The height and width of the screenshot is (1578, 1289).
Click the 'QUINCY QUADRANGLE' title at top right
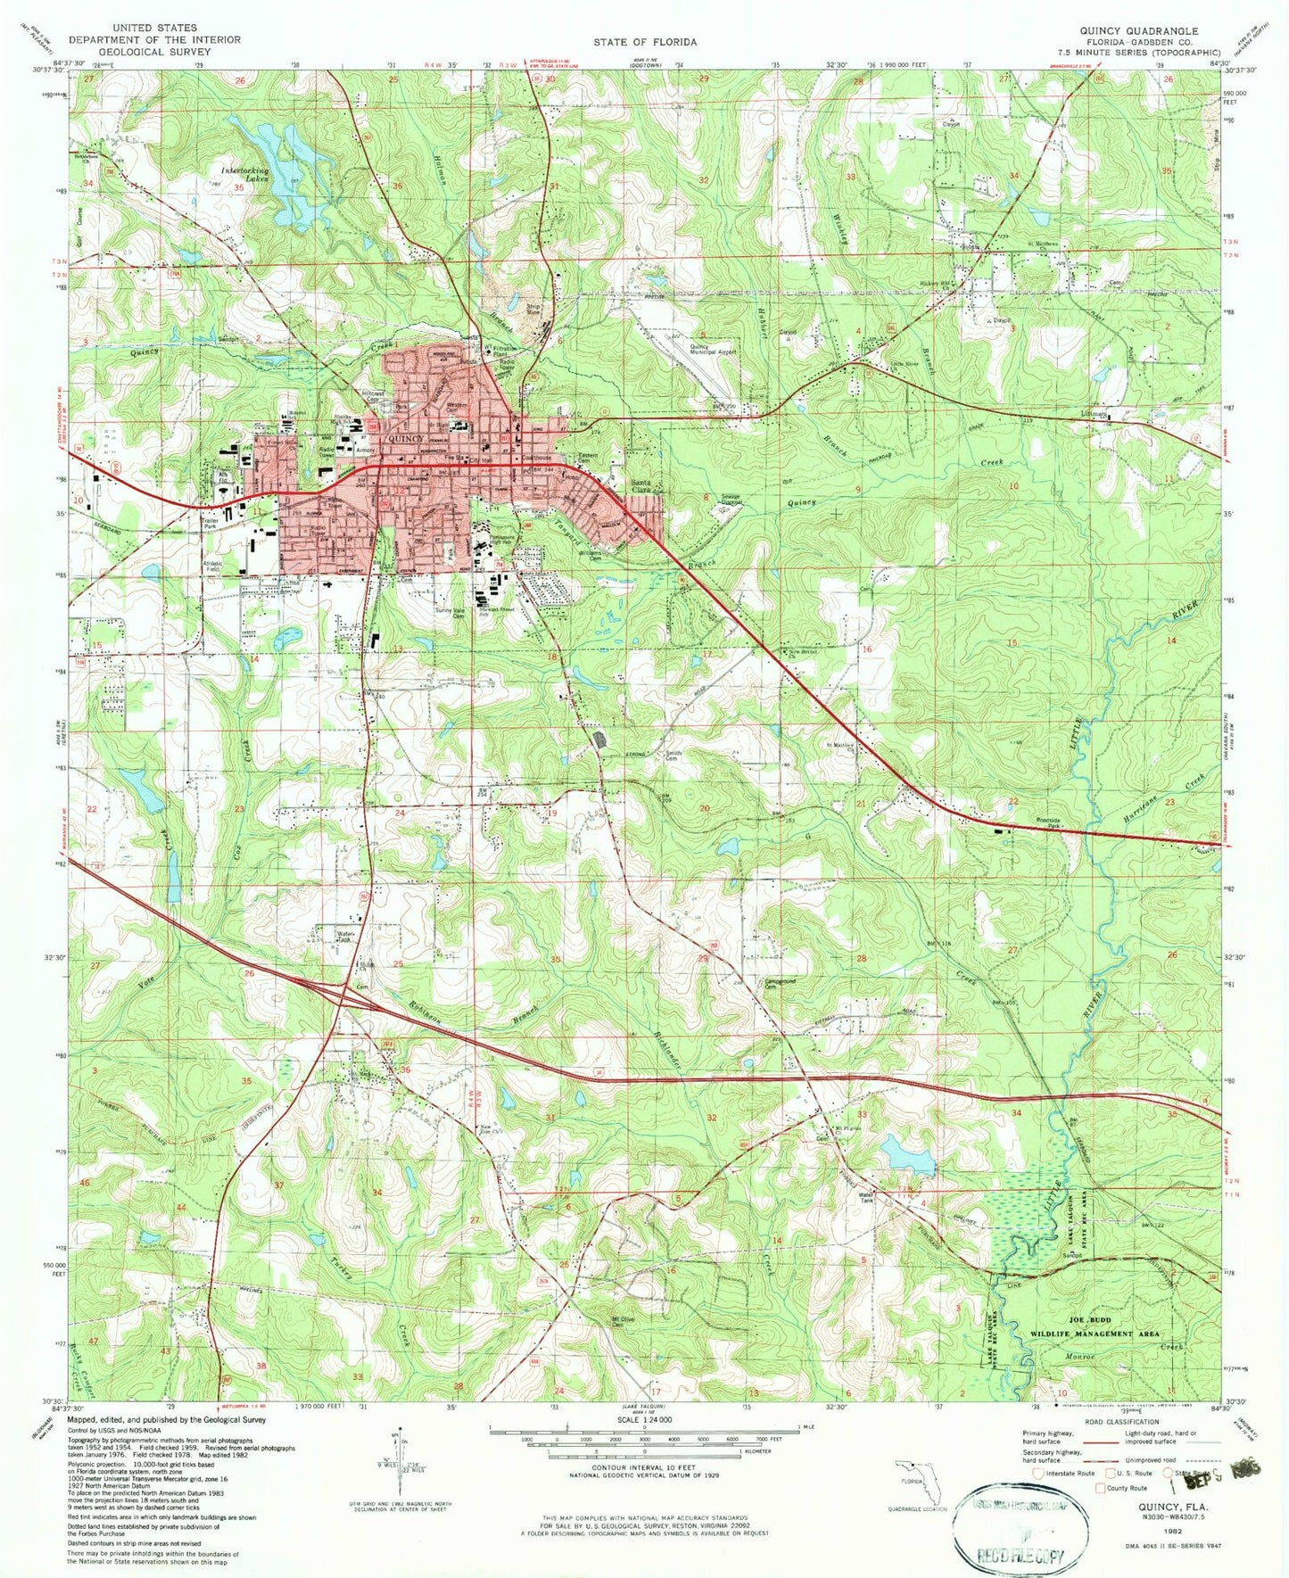pyautogui.click(x=1139, y=30)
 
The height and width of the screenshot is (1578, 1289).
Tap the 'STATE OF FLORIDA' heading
pyautogui.click(x=645, y=42)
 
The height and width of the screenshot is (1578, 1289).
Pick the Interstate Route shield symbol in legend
pyautogui.click(x=1039, y=1473)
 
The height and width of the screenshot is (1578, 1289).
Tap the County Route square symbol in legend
pyautogui.click(x=1100, y=1488)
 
